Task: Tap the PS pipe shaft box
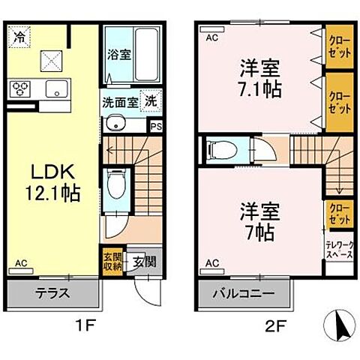click(156, 127)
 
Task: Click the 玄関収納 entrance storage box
click(110, 262)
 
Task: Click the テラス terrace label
click(52, 293)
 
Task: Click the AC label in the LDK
click(20, 263)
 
